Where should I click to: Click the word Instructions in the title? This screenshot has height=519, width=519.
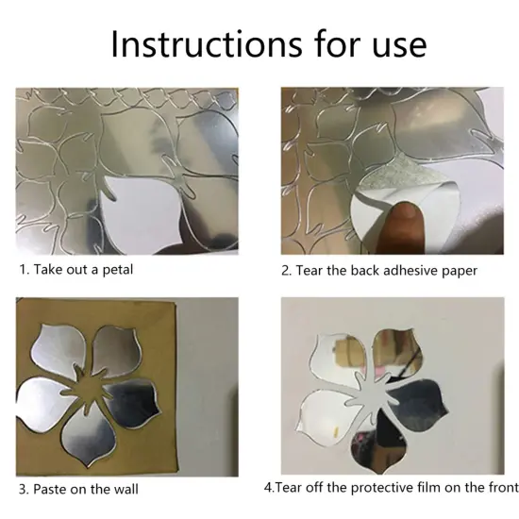coord(207,44)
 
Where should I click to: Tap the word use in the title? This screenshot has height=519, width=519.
coord(399,48)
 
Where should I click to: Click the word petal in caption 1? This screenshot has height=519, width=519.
coord(118,270)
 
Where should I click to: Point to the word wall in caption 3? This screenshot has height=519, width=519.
coord(126,489)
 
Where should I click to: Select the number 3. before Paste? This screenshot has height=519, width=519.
coord(25,489)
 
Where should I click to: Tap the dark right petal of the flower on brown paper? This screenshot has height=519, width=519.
coord(133,400)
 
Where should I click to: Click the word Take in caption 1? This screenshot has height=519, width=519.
coord(48,270)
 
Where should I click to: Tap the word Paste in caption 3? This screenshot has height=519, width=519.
coord(49,489)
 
